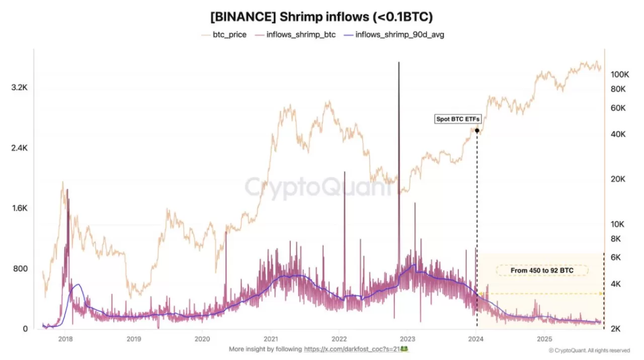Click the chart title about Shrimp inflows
pyautogui.click(x=321, y=17)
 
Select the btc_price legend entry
pyautogui.click(x=224, y=35)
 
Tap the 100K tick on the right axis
pyautogui.click(x=620, y=74)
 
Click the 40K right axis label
pyautogui.click(x=618, y=134)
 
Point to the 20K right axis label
pyautogui.click(x=618, y=179)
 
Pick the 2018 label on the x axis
pyautogui.click(x=65, y=338)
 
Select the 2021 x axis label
pyautogui.click(x=271, y=338)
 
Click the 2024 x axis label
pyautogui.click(x=476, y=338)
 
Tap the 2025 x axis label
pyautogui.click(x=544, y=338)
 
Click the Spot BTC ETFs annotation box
pyautogui.click(x=458, y=119)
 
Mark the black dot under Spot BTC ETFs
pyautogui.click(x=476, y=131)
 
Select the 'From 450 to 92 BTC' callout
pyautogui.click(x=542, y=271)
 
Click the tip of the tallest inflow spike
pyautogui.click(x=399, y=63)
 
